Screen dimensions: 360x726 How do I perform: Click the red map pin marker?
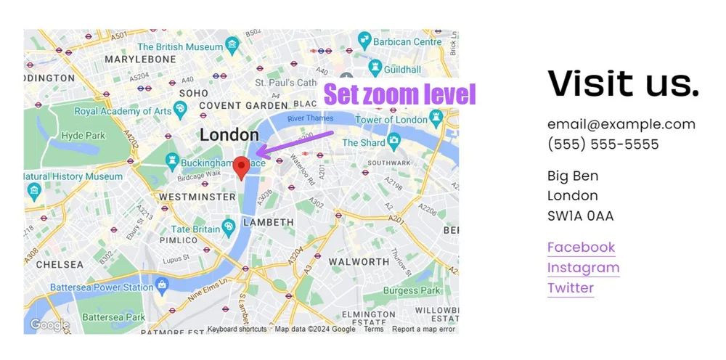(242, 167)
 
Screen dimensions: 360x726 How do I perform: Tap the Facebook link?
(581, 247)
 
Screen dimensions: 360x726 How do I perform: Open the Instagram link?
(583, 268)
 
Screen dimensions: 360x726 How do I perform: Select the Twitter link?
(571, 288)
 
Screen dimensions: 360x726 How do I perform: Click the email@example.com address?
(621, 124)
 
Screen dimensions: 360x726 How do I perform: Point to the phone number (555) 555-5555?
(603, 144)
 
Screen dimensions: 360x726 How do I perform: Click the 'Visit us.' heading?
(623, 83)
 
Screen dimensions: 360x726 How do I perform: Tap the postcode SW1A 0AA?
(580, 216)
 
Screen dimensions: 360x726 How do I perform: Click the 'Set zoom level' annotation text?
(399, 95)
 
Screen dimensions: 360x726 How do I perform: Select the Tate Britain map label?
(195, 229)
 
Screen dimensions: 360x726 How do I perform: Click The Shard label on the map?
(364, 143)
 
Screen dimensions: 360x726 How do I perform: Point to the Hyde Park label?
(83, 136)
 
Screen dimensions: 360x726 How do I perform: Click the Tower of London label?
(391, 120)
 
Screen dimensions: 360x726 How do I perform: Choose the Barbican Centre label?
(407, 42)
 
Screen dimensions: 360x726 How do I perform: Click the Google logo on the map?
(49, 325)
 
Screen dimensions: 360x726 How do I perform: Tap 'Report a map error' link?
(423, 330)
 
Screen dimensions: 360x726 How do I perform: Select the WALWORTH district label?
(359, 262)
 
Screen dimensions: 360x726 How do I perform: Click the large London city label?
(229, 135)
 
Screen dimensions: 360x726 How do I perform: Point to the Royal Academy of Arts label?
(123, 111)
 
